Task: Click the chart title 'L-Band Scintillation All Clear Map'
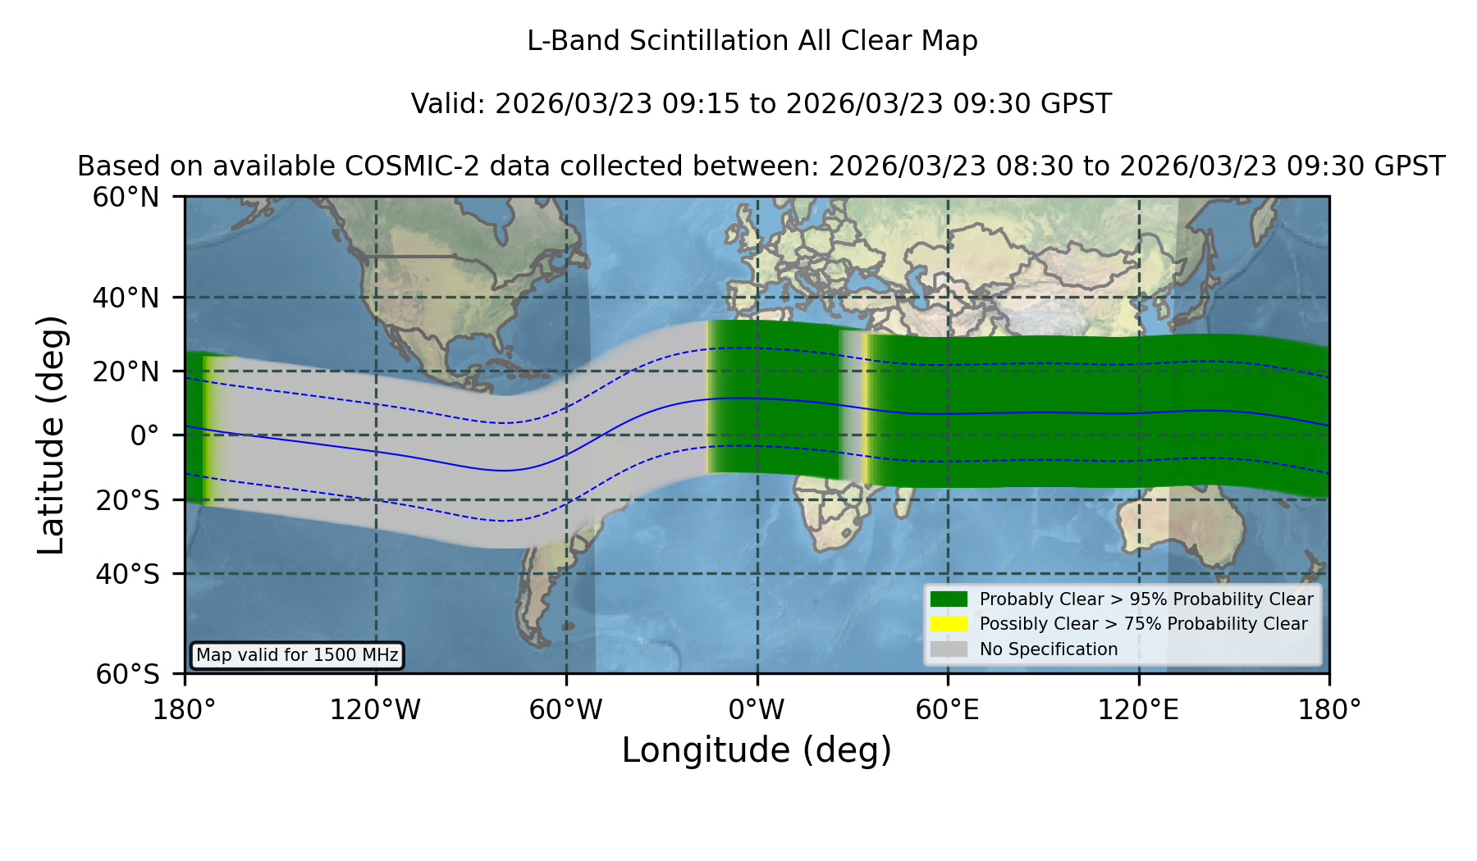pyautogui.click(x=752, y=41)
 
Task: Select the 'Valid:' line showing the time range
pyautogui.click(x=761, y=104)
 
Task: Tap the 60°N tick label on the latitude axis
pyautogui.click(x=126, y=198)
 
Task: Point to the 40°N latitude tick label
pyautogui.click(x=126, y=298)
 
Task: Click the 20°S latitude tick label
pyautogui.click(x=128, y=499)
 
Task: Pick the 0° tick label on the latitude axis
pyautogui.click(x=145, y=435)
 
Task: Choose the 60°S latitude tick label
pyautogui.click(x=128, y=674)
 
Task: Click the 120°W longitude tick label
pyautogui.click(x=375, y=710)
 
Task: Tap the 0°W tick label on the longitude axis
pyautogui.click(x=757, y=710)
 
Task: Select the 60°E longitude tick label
pyautogui.click(x=948, y=710)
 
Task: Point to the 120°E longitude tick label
pyautogui.click(x=1139, y=710)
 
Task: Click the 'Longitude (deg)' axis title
pyautogui.click(x=757, y=750)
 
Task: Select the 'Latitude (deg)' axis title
pyautogui.click(x=51, y=435)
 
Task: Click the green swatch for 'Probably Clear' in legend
pyautogui.click(x=949, y=599)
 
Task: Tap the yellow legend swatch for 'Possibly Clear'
pyautogui.click(x=949, y=624)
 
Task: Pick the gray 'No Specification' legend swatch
pyautogui.click(x=949, y=649)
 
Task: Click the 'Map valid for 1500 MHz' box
pyautogui.click(x=297, y=655)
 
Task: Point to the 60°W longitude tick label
pyautogui.click(x=566, y=710)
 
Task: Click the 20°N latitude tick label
pyautogui.click(x=126, y=371)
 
